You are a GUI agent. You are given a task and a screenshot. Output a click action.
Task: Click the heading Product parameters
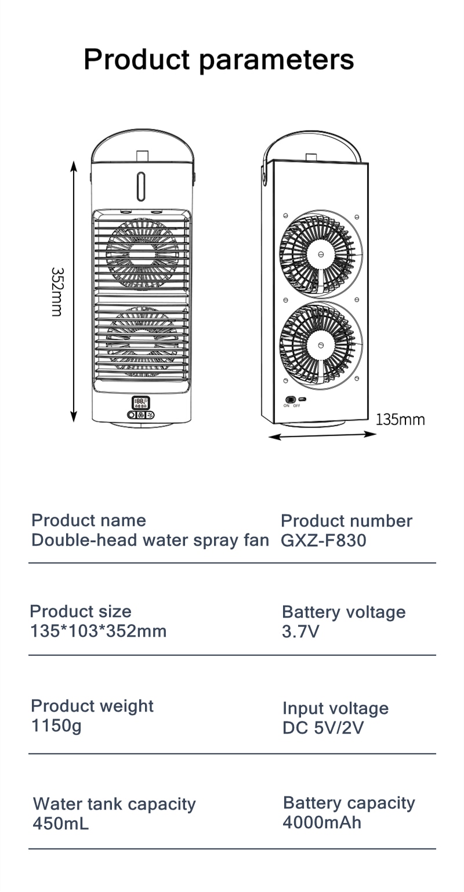click(219, 60)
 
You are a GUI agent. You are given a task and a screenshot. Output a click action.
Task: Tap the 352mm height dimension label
click(57, 292)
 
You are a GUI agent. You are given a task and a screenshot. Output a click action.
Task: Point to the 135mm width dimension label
click(400, 420)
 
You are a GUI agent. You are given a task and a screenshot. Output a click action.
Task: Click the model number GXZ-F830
click(324, 541)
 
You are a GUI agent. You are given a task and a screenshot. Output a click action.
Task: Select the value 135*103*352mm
click(99, 631)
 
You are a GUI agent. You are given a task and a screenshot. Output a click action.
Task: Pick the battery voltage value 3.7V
click(300, 632)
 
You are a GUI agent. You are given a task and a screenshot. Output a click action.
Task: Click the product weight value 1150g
click(56, 726)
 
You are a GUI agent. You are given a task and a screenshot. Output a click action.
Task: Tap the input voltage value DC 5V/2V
click(323, 727)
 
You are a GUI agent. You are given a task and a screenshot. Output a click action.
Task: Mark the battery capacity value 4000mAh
click(322, 822)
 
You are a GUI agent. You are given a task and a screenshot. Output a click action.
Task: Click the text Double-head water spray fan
click(150, 541)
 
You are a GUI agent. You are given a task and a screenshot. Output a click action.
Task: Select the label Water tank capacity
click(114, 804)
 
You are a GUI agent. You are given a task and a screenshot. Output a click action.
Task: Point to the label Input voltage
click(335, 708)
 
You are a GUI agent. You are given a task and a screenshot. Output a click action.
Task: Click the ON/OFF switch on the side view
click(291, 400)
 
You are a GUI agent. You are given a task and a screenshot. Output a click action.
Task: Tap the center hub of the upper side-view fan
click(321, 255)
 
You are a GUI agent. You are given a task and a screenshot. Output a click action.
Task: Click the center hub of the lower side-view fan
click(321, 346)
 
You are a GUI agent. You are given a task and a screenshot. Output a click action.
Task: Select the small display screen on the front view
click(141, 403)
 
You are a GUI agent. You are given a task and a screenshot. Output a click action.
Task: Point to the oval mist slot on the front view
click(140, 186)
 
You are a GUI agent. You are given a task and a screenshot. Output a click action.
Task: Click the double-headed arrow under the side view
click(322, 436)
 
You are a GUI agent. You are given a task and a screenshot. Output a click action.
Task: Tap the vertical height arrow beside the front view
click(73, 291)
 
